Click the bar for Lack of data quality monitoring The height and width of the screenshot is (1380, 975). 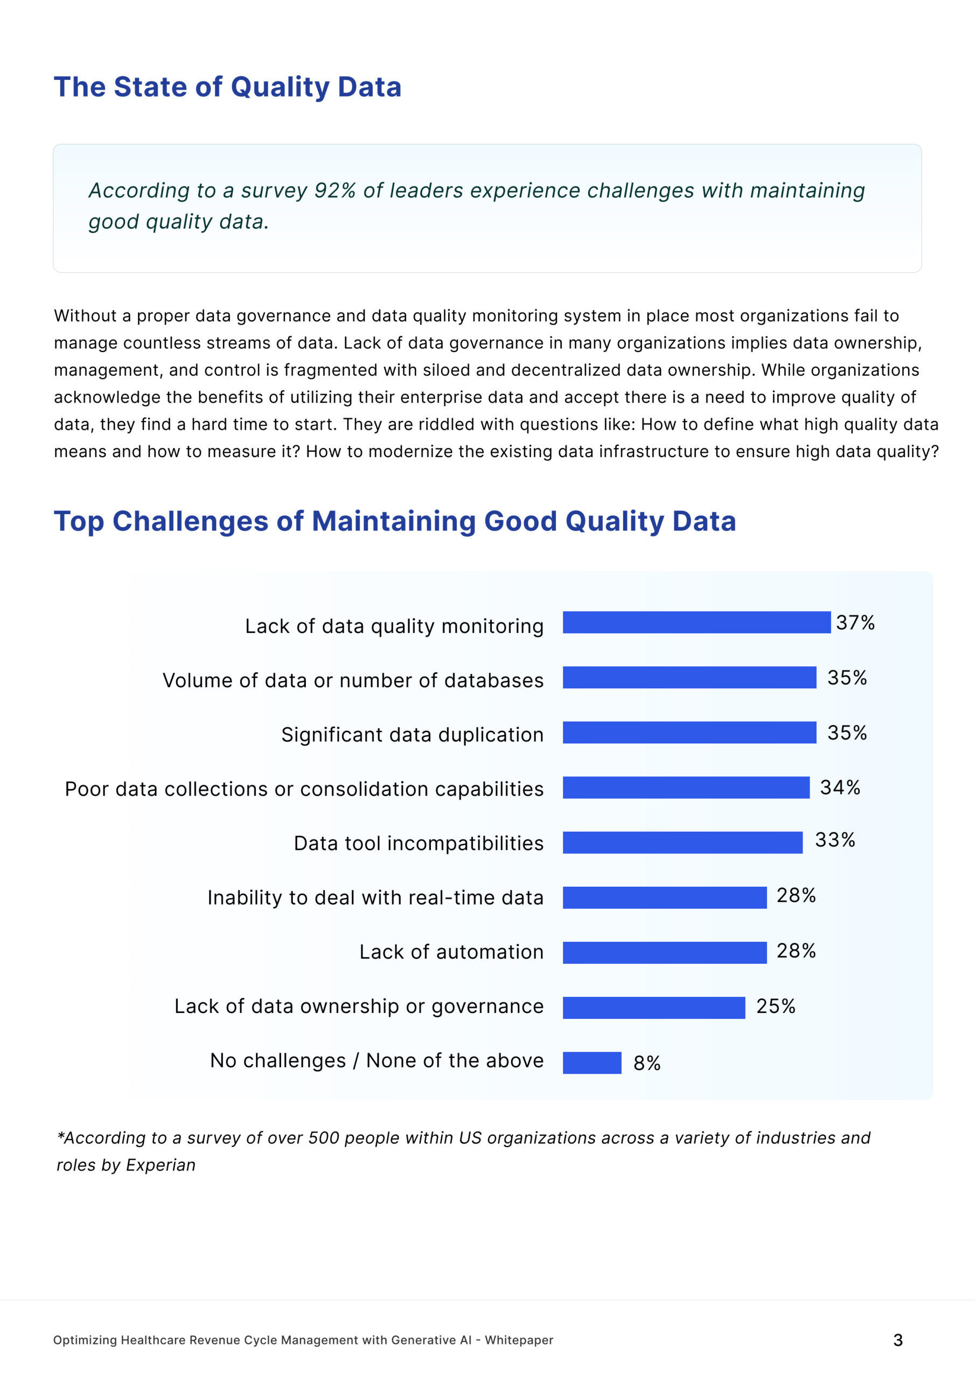697,622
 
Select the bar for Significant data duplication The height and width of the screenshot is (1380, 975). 689,732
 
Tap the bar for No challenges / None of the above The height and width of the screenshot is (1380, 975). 591,1062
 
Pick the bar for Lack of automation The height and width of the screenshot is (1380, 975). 664,953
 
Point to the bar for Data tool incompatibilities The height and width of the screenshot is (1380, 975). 682,842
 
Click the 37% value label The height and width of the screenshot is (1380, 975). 855,623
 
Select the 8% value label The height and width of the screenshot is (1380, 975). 646,1063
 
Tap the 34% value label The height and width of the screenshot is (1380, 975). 840,788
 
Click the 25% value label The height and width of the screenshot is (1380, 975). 776,1006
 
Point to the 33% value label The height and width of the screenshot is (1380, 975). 834,840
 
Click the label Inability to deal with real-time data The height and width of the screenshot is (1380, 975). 375,898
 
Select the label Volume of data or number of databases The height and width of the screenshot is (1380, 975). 353,680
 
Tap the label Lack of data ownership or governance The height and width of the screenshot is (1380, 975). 359,1006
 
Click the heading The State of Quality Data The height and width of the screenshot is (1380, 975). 228,87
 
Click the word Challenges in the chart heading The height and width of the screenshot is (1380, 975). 191,521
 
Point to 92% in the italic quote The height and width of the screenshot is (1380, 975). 335,190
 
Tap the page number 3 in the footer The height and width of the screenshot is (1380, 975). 897,1340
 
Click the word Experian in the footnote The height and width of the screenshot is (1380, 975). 161,1165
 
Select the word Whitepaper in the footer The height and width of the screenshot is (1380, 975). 519,1340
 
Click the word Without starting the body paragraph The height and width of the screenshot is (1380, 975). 85,316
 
